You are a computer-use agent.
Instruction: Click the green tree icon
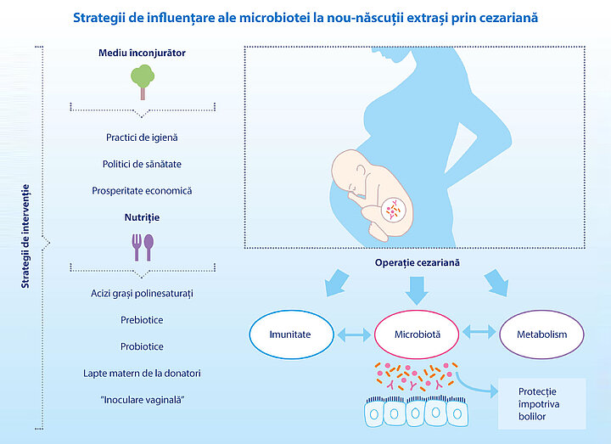point(143,81)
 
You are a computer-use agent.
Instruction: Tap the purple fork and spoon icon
point(143,248)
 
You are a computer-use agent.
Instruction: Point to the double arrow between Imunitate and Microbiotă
point(354,334)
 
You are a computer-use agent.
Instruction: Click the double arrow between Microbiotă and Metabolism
point(479,332)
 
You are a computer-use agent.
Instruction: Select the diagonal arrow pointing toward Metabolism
point(496,283)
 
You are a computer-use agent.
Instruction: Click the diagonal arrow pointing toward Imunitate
point(337,283)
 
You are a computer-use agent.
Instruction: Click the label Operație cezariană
point(417,262)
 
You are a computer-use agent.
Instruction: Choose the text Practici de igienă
point(142,138)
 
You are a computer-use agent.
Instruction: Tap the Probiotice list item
point(142,346)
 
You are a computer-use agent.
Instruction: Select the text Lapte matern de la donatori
point(142,374)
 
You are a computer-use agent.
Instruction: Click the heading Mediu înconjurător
point(142,53)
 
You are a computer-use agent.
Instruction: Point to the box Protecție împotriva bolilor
point(542,404)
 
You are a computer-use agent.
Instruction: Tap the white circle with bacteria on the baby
point(393,210)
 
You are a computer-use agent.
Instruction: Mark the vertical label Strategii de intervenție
point(25,236)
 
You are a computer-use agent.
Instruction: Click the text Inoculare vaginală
point(142,400)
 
